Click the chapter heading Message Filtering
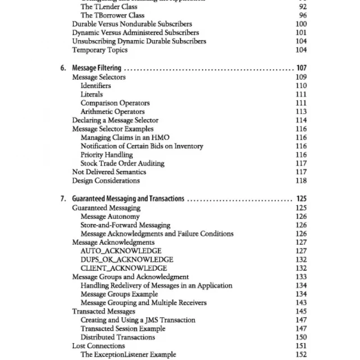coord(97,68)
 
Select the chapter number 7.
coord(63,199)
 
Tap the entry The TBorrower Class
coord(112,15)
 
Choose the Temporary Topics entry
coord(100,50)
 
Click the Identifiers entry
coord(95,85)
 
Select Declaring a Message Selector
coord(115,120)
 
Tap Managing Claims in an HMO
coord(125,137)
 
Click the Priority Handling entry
coord(107,155)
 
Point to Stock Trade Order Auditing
coord(122,163)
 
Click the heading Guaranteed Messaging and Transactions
coord(128,199)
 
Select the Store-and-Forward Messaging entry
coord(126,225)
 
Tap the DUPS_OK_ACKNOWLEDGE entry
coord(127,260)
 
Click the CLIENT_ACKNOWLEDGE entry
coord(124,268)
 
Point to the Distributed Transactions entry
coord(118,337)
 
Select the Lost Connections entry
coord(99,346)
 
